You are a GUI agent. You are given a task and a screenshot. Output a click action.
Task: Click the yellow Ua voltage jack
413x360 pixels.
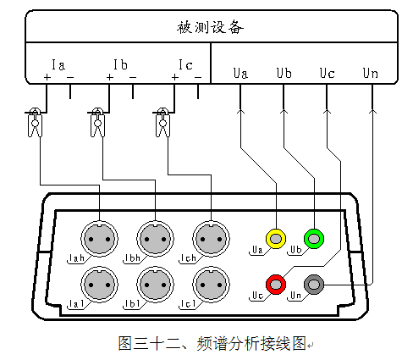pos(276,239)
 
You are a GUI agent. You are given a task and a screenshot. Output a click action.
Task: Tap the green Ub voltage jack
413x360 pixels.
pos(314,239)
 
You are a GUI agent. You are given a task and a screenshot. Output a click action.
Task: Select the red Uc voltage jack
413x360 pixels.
pos(276,285)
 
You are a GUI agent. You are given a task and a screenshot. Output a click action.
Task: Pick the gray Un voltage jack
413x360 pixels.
pos(314,285)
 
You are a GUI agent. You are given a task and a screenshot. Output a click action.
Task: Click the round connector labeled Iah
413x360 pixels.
pos(99,239)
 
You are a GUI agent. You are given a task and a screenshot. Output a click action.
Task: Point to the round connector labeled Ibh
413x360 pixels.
pos(155,239)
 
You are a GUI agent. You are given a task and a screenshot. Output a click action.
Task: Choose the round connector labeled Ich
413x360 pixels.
pos(211,239)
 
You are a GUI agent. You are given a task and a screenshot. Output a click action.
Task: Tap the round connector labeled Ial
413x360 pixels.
pos(99,285)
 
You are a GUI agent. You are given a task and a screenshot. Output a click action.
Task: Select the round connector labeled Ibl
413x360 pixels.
pos(155,285)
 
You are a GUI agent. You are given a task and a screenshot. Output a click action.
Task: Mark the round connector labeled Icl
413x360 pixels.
pos(211,285)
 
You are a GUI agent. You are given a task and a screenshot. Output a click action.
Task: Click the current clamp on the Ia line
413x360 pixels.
pos(35,123)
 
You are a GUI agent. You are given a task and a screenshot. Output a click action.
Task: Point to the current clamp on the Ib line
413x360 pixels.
pos(97,123)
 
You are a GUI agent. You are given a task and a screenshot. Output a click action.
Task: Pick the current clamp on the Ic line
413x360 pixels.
pos(162,123)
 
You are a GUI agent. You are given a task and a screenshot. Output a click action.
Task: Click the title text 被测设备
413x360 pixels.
pos(210,28)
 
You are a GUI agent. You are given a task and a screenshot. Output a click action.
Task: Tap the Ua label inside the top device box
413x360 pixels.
pos(240,73)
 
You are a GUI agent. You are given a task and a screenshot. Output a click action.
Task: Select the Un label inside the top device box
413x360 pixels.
pos(370,73)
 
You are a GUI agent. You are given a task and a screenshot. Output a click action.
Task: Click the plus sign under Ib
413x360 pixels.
pos(110,77)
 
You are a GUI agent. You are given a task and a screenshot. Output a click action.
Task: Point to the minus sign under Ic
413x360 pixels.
pos(198,77)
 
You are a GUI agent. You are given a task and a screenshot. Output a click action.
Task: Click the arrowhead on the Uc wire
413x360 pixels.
pos(327,111)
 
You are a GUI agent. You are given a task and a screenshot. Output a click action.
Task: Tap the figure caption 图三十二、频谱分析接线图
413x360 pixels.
pos(212,343)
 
